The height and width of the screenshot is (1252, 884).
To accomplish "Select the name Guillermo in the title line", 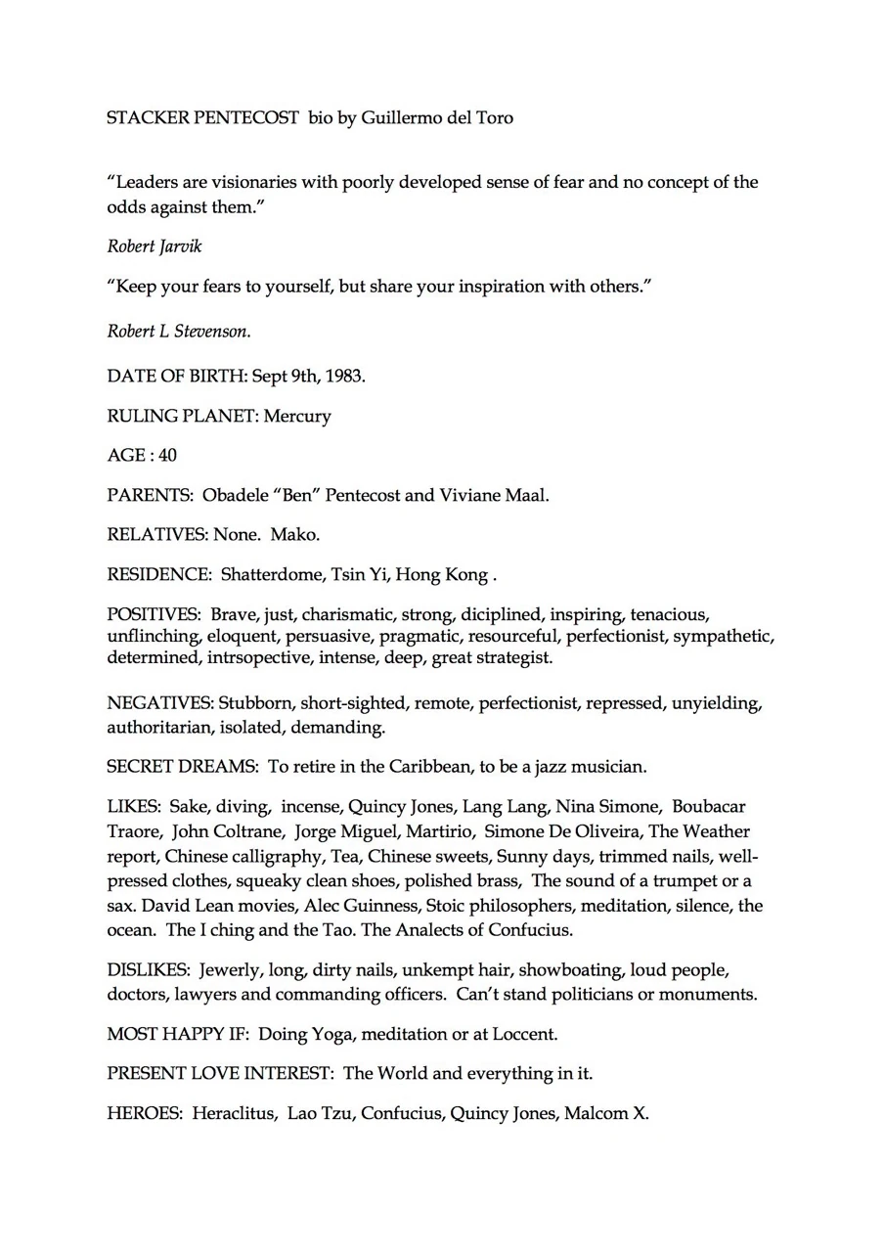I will pos(400,118).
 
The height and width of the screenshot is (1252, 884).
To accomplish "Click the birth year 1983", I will pos(345,376).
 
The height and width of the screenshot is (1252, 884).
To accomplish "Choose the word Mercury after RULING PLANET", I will pos(297,416).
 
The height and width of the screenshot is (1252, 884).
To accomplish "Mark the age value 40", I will pos(167,455).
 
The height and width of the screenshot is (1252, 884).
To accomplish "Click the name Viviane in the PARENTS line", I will pos(469,495).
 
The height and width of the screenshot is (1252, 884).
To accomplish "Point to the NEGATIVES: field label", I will pos(160,703).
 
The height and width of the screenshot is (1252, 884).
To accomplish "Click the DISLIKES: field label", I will pos(149,970).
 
